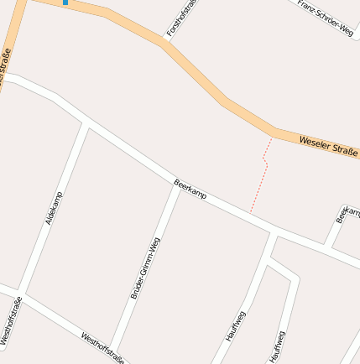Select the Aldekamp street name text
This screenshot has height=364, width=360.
tap(54, 209)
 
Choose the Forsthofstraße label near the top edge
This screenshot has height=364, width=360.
tap(181, 17)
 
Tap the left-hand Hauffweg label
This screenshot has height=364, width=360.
tap(236, 325)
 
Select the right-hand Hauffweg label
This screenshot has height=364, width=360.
tap(278, 346)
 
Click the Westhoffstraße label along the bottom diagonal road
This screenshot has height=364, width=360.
tap(103, 348)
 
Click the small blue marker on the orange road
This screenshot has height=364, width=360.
tap(65, 3)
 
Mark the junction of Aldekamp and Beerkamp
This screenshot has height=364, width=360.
tap(86, 123)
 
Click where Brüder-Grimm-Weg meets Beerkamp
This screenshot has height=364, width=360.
tap(177, 184)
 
